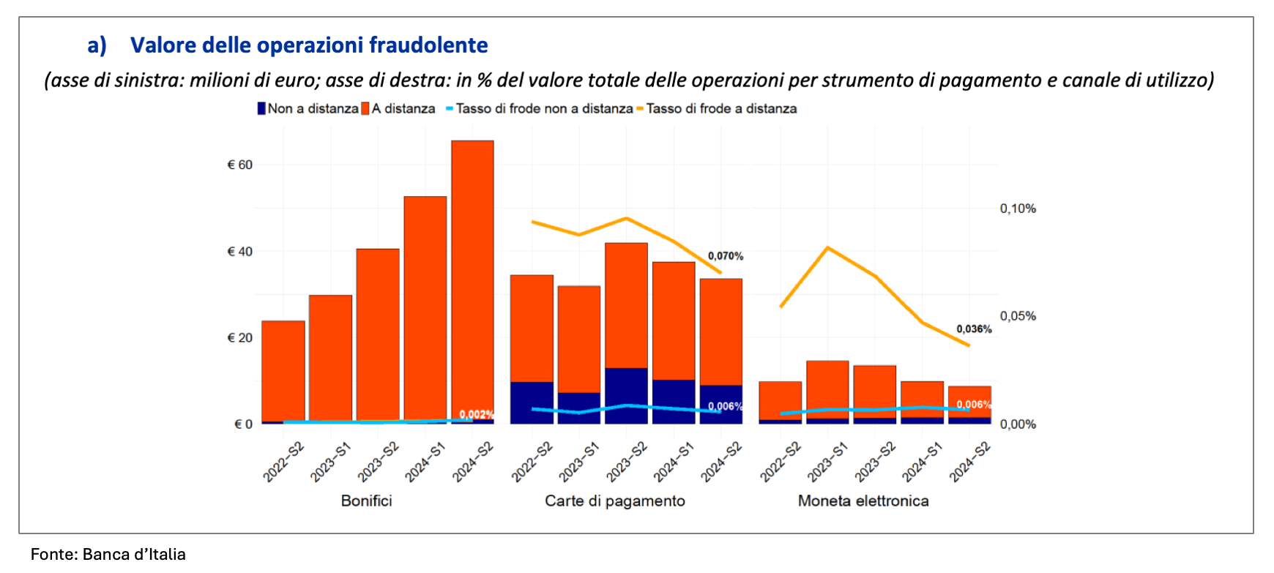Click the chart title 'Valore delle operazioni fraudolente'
(309, 45)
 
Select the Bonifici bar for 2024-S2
(472, 278)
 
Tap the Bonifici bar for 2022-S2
(283, 370)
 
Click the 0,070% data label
(725, 256)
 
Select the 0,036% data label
(974, 329)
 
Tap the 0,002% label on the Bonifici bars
(476, 415)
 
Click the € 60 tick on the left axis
(240, 165)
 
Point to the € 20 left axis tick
(240, 338)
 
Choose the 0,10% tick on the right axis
(1018, 209)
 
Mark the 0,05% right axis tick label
(1018, 316)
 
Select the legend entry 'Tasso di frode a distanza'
(721, 108)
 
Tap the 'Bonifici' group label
(366, 501)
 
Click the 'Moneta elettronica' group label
(863, 501)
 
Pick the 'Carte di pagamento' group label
(615, 501)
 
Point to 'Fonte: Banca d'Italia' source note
(108, 554)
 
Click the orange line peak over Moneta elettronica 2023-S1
(827, 248)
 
